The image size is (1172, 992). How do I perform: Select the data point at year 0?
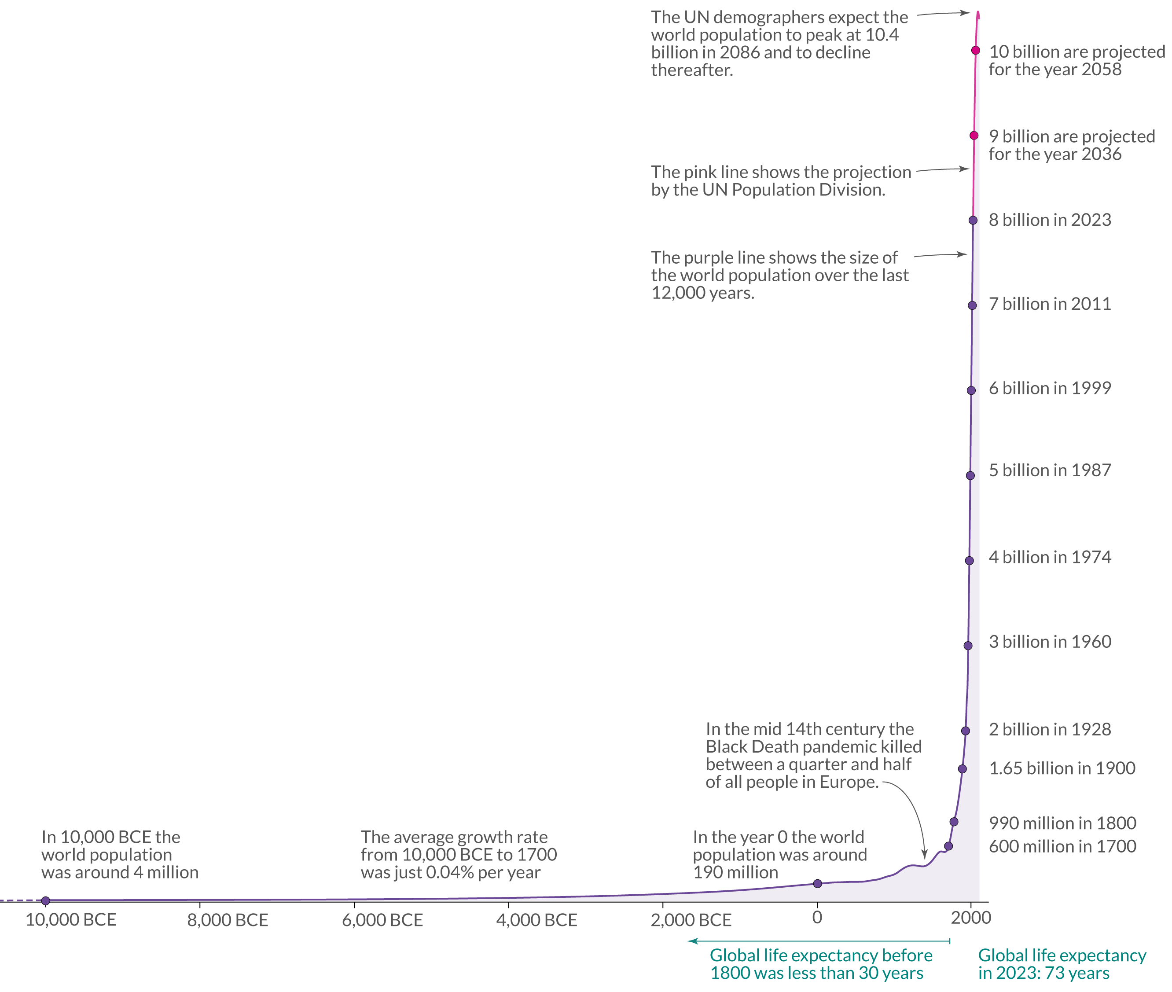click(x=817, y=883)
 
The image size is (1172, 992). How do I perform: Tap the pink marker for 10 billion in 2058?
click(x=976, y=51)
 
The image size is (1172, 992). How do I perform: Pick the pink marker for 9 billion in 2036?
click(x=974, y=136)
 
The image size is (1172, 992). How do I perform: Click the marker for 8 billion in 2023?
click(x=973, y=220)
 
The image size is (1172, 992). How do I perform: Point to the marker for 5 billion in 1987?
click(x=970, y=475)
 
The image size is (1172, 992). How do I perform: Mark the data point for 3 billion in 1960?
click(x=968, y=646)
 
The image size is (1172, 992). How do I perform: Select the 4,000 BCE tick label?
click(x=536, y=920)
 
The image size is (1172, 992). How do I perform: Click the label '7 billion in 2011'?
click(x=1049, y=304)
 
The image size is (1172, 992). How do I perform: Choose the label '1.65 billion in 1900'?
click(x=1062, y=768)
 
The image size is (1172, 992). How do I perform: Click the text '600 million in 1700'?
click(x=1062, y=846)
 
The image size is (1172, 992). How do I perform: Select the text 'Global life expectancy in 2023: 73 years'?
click(x=1061, y=964)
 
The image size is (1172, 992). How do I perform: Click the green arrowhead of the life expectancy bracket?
click(x=692, y=941)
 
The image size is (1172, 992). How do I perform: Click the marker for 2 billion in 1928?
click(x=966, y=731)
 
